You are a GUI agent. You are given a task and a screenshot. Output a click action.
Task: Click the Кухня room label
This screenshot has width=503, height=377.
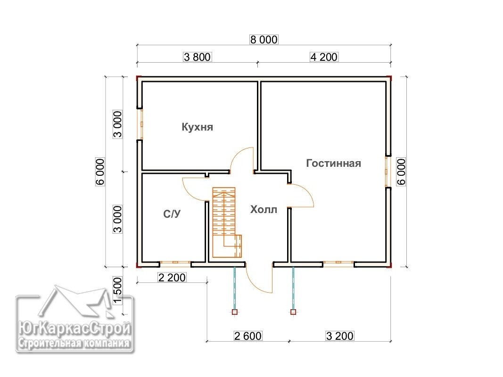(x=197, y=127)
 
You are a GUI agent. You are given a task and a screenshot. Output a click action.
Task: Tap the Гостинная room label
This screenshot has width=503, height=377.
(x=334, y=163)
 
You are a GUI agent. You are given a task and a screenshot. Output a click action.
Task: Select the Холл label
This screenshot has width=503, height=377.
(x=264, y=210)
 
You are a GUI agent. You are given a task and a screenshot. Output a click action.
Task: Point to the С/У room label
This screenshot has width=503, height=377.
(x=172, y=214)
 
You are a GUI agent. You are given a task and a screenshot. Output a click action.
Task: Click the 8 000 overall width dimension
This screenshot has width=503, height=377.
(x=264, y=40)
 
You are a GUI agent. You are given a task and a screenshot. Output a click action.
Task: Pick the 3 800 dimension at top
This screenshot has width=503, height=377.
(x=197, y=57)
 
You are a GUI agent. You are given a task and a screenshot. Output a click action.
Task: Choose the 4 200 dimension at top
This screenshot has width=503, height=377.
(x=324, y=57)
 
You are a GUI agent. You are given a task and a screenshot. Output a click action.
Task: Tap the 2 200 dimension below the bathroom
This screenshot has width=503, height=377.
(x=172, y=277)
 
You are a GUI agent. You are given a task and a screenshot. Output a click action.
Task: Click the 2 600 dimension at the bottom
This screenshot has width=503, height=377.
(x=248, y=336)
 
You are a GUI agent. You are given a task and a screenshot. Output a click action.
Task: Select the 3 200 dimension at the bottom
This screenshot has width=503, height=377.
(x=340, y=336)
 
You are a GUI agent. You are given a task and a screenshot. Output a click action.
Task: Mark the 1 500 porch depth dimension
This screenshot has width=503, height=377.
(x=118, y=290)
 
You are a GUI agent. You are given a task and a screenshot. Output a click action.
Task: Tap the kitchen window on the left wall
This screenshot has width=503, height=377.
(x=140, y=124)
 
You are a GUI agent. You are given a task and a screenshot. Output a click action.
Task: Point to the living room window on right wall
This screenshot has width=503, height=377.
(x=388, y=172)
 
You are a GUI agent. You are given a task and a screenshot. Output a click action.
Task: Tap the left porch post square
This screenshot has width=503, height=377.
(x=234, y=312)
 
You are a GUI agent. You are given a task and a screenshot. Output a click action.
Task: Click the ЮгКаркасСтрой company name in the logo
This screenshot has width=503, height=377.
(x=75, y=328)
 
